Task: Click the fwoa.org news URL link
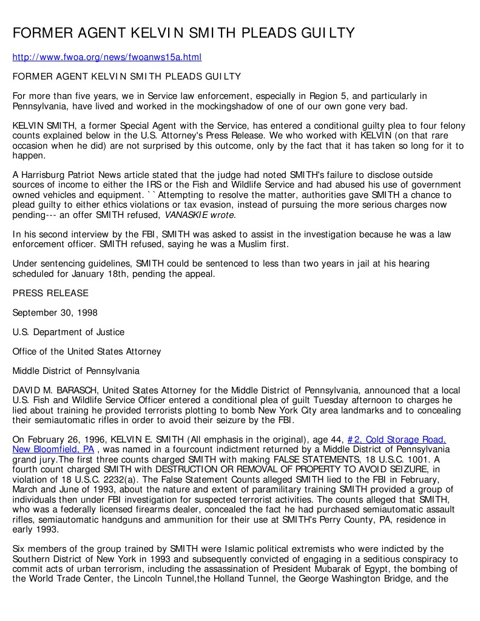(107, 57)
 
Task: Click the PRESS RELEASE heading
(50, 293)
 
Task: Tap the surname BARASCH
(64, 390)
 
